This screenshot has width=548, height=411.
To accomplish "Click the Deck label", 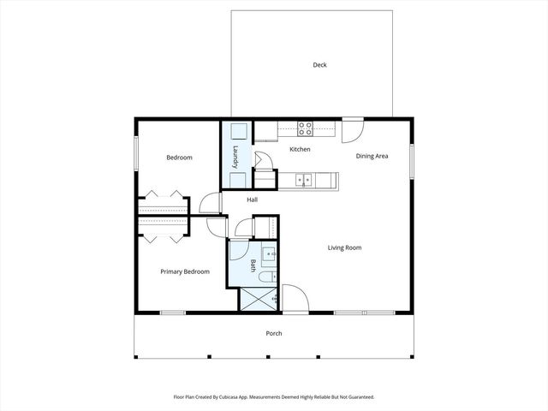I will [319, 65].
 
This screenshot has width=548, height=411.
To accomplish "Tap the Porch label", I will [274, 333].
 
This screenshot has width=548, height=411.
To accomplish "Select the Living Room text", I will [344, 247].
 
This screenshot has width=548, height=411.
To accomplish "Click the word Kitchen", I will [300, 150].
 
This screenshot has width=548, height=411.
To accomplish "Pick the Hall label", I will [253, 200].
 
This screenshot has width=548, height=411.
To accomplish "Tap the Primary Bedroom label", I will [185, 271].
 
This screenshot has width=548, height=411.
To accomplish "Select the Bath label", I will [253, 266].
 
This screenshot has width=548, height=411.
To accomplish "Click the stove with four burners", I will [305, 129].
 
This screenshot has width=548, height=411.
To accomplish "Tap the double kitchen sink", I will [302, 180].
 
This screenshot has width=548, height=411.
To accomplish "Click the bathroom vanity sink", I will [267, 253].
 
